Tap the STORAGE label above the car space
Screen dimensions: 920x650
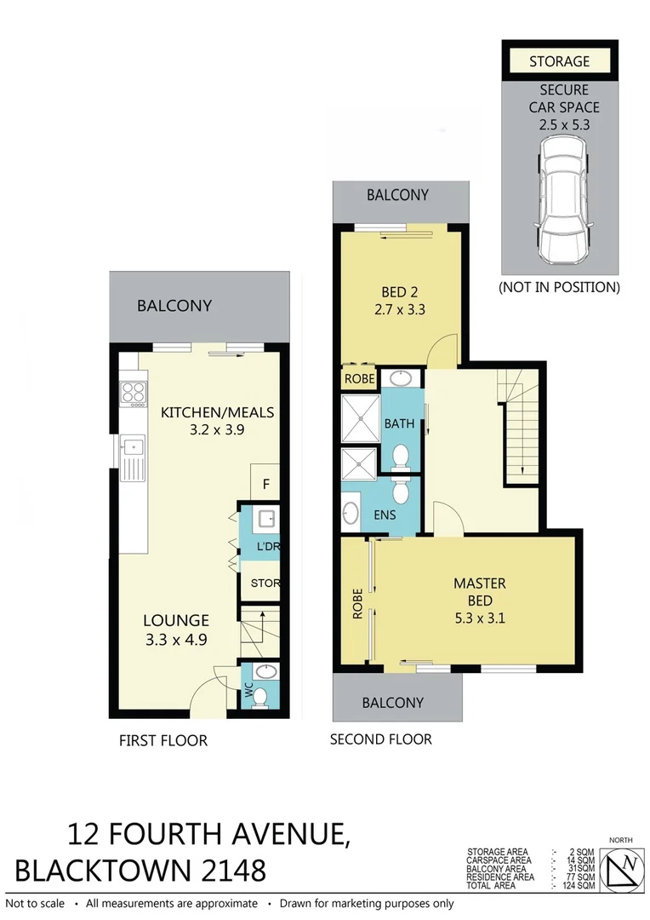559,61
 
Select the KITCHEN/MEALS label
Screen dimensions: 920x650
217,412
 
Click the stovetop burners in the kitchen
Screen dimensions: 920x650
134,393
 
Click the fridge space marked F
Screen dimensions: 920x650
265,485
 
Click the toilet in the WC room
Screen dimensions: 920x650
261,698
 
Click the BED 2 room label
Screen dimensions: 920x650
398,292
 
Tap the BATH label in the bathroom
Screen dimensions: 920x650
398,423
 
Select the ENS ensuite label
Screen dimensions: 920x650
384,515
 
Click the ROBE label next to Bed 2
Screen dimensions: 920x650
358,378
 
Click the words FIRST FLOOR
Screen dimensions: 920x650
162,740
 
